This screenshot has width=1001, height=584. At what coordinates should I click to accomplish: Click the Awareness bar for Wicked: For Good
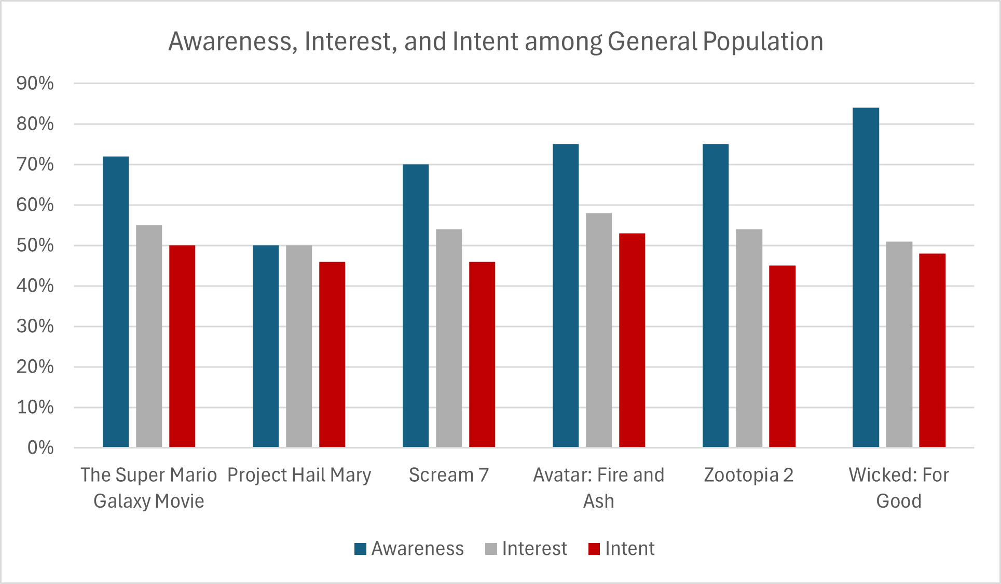pyautogui.click(x=866, y=278)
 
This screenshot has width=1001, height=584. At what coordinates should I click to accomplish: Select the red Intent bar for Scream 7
pyautogui.click(x=482, y=355)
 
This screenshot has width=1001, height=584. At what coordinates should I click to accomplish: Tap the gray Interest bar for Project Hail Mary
pyautogui.click(x=299, y=346)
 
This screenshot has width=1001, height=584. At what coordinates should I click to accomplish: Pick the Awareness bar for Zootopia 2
pyautogui.click(x=716, y=296)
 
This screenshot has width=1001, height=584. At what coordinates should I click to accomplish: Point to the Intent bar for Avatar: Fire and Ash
pyautogui.click(x=632, y=341)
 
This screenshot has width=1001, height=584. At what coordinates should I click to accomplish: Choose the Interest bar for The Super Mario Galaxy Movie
pyautogui.click(x=149, y=336)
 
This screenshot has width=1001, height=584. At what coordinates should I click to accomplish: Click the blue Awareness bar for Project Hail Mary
pyautogui.click(x=266, y=346)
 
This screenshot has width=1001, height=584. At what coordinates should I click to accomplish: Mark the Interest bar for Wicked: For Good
pyautogui.click(x=899, y=345)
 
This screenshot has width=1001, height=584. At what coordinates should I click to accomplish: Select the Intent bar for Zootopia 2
pyautogui.click(x=782, y=357)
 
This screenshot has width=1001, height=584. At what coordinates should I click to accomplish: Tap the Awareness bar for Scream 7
pyautogui.click(x=416, y=306)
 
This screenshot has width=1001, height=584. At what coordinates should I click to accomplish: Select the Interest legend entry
pyautogui.click(x=526, y=549)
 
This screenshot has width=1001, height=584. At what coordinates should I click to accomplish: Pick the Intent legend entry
pyautogui.click(x=622, y=549)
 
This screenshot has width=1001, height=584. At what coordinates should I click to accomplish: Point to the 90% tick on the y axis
pyautogui.click(x=35, y=84)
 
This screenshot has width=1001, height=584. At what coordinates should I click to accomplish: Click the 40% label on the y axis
pyautogui.click(x=35, y=286)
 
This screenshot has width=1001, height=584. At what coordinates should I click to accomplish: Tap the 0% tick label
pyautogui.click(x=40, y=447)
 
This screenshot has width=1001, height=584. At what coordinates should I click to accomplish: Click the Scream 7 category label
pyautogui.click(x=449, y=475)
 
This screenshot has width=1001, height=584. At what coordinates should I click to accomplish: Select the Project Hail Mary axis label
pyautogui.click(x=299, y=475)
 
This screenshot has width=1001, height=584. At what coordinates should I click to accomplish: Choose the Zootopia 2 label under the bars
pyautogui.click(x=749, y=475)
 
